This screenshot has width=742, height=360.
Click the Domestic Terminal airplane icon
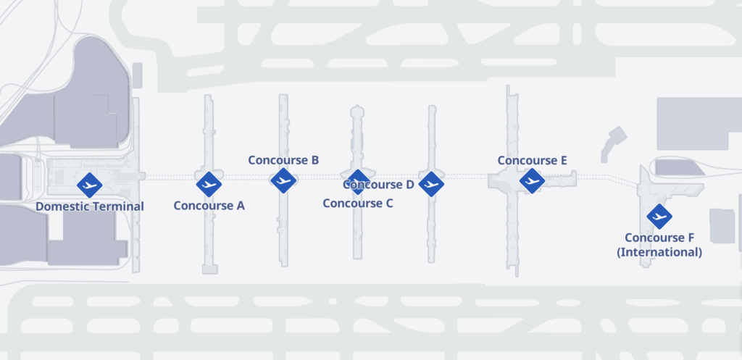[90, 185]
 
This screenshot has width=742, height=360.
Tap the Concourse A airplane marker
[209, 184]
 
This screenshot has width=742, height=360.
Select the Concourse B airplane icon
[283, 180]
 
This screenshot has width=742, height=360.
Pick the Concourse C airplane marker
[357, 182]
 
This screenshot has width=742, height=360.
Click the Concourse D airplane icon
[431, 184]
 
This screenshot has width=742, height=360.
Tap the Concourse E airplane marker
[532, 180]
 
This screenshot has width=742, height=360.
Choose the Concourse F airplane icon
[659, 216]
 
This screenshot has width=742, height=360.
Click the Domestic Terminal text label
[90, 206]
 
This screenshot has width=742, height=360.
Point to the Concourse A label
[209, 206]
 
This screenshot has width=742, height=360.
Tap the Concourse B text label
[283, 160]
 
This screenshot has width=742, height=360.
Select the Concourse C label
[358, 204]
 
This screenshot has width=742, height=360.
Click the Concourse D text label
[378, 185]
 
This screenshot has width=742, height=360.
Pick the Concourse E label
[532, 161]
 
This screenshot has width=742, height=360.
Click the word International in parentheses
[659, 252]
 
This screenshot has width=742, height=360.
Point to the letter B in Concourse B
[315, 160]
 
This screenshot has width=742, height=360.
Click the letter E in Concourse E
[563, 161]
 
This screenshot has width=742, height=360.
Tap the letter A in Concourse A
[240, 206]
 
